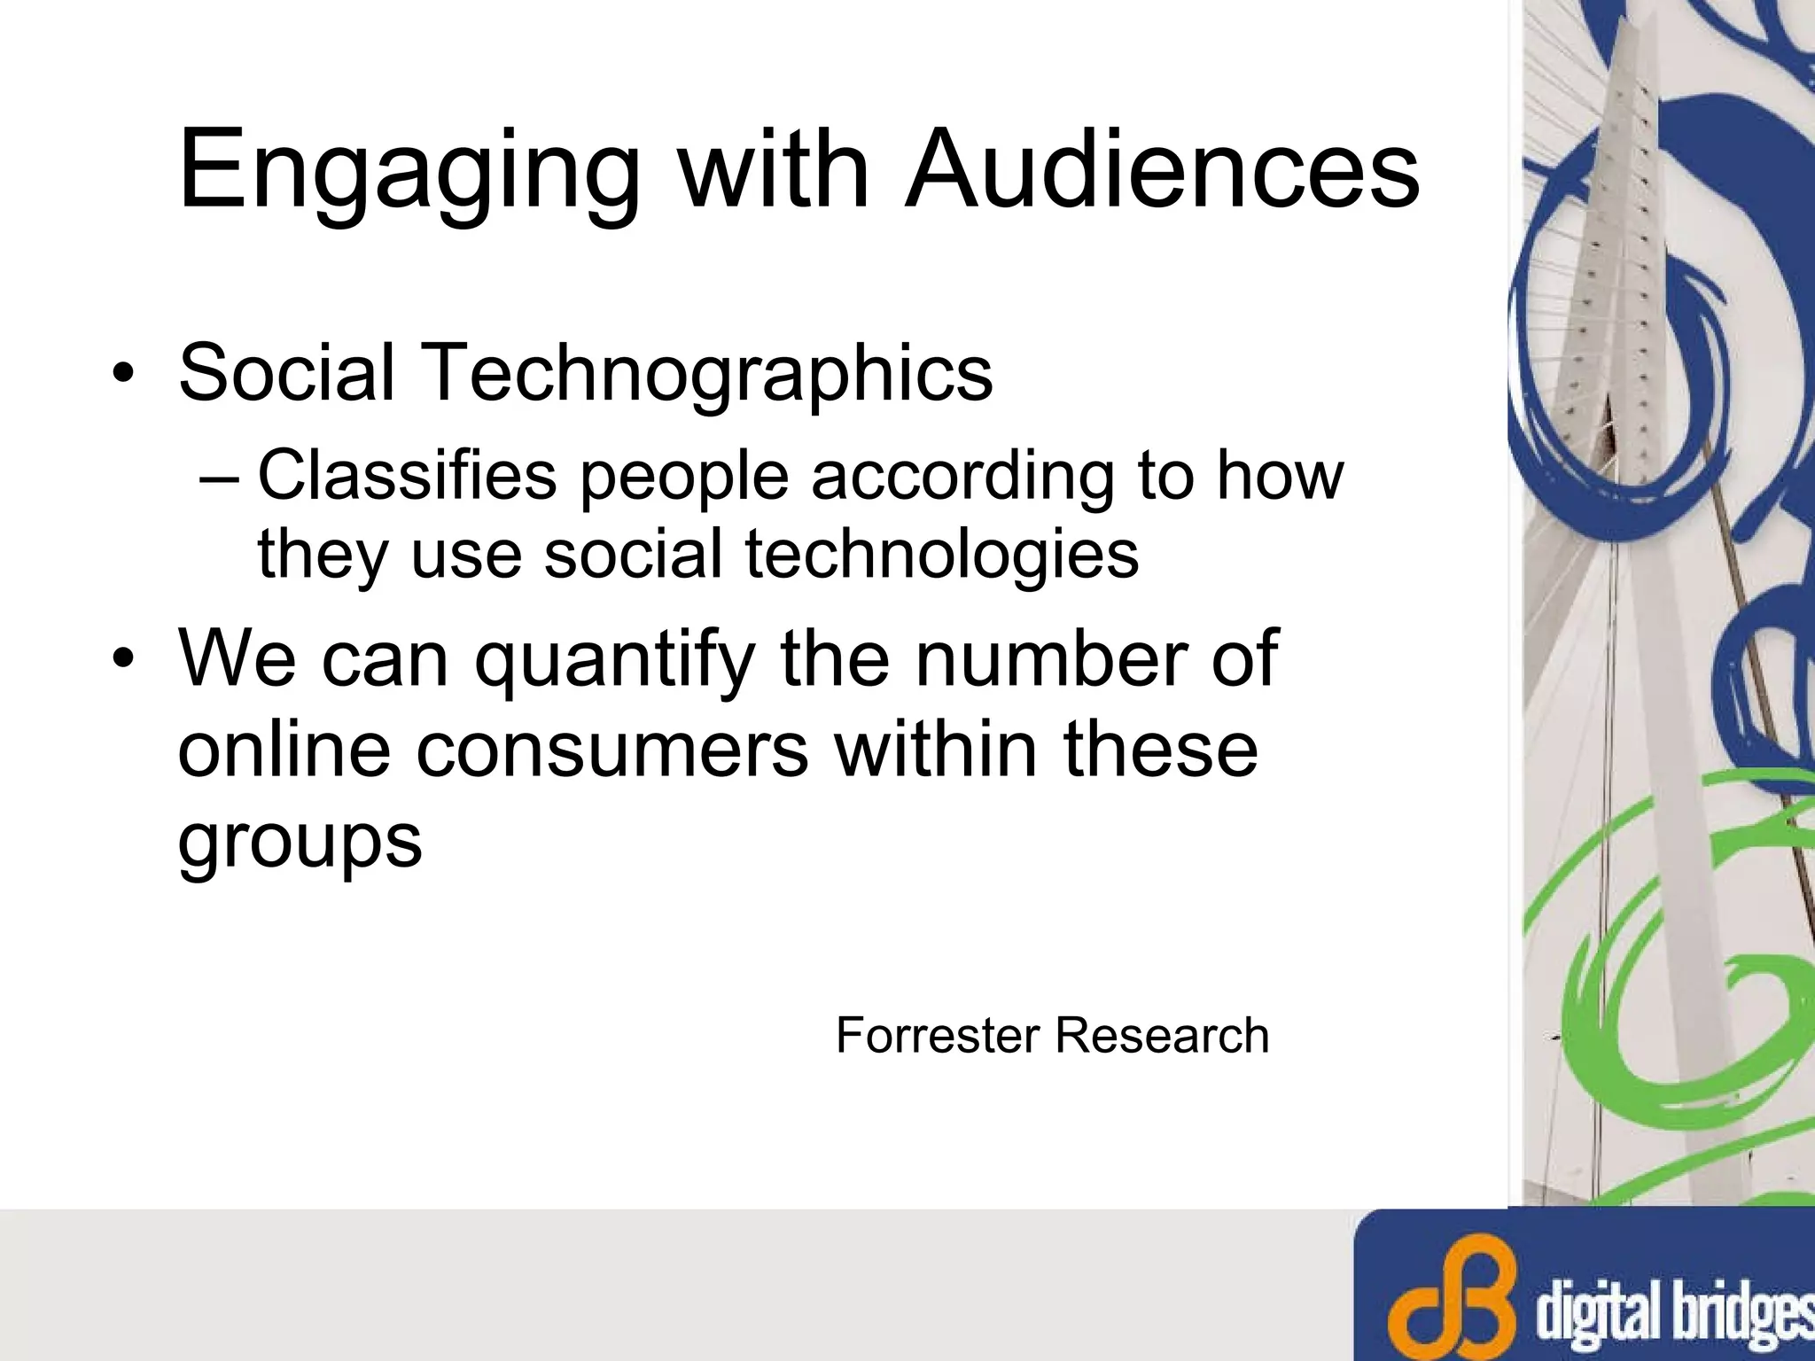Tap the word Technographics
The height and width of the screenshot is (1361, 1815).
click(709, 372)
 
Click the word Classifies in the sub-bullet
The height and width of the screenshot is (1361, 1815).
click(407, 476)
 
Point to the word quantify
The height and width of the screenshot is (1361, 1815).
click(611, 660)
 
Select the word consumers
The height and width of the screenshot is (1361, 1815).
click(612, 749)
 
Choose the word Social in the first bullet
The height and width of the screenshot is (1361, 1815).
click(286, 372)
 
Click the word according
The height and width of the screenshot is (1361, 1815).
click(961, 476)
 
